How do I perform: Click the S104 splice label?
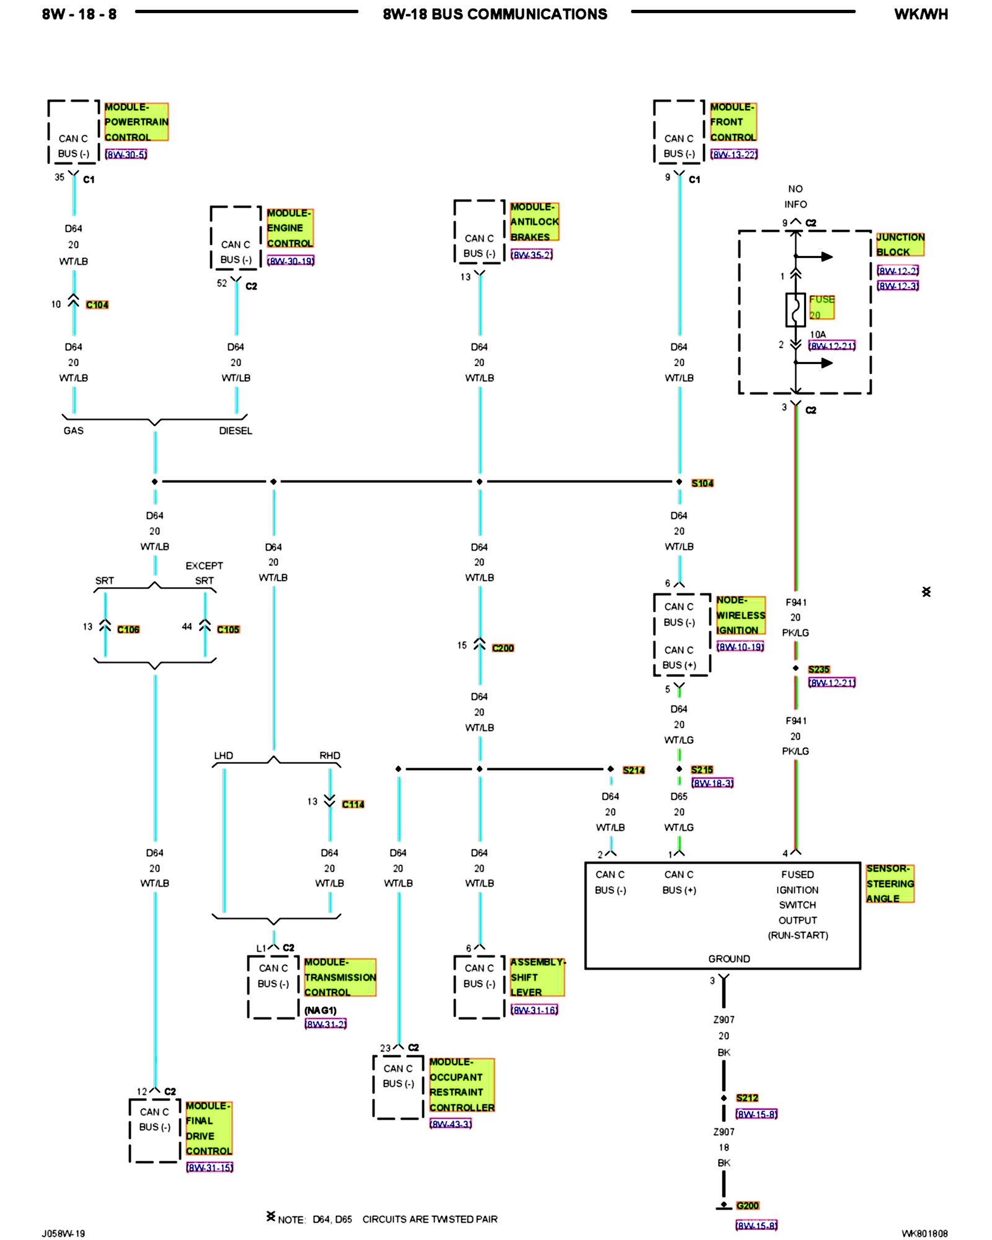point(702,483)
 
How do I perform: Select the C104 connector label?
point(97,304)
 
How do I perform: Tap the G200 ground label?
point(747,1205)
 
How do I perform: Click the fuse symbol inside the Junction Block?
point(795,309)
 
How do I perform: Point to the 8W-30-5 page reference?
point(126,154)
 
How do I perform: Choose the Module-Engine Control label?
point(290,228)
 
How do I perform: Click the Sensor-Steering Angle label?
point(890,883)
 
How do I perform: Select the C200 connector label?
point(503,648)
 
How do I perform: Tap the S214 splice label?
point(634,770)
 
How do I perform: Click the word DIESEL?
point(236,431)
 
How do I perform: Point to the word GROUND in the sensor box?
point(729,959)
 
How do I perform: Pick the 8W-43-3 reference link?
point(451,1124)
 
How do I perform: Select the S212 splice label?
point(747,1097)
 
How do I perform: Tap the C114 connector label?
point(353,804)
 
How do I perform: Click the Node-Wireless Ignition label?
point(740,615)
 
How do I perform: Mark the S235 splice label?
point(818,670)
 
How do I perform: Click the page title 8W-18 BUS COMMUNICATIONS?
point(495,14)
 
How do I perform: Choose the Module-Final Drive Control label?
point(208,1128)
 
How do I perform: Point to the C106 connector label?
point(128,629)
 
